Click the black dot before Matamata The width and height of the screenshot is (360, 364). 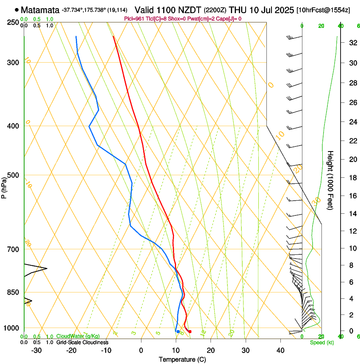pos(17,10)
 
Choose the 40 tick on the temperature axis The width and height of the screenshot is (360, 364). pos(280,350)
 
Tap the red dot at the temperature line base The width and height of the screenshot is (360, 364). pos(190,331)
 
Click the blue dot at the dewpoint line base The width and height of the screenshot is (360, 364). pos(178,331)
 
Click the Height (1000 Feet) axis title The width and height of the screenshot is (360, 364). pos(331,180)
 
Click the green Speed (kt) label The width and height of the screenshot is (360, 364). pos(322,342)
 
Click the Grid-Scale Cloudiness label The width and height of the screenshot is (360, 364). pos(82,342)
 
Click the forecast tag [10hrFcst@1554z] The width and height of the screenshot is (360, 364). pos(323,10)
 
